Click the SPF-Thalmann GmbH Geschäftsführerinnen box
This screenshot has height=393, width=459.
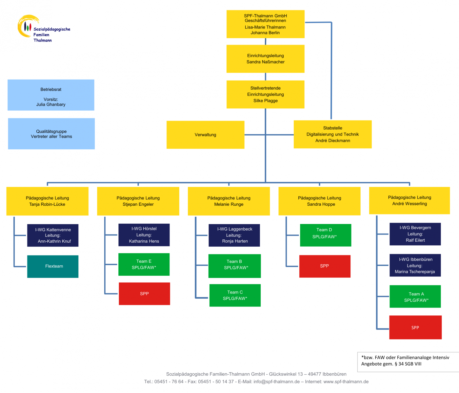[265, 24]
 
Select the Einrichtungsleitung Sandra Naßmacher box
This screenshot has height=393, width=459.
[265, 59]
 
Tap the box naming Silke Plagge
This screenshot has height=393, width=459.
[265, 94]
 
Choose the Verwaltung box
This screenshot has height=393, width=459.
[205, 135]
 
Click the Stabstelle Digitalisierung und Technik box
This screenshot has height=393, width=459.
[332, 134]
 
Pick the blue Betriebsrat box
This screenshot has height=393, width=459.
[51, 95]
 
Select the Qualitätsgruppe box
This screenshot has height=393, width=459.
[51, 134]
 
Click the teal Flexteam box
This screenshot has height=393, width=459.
[53, 266]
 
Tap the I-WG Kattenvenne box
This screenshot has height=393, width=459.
[53, 235]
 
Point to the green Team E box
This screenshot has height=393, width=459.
[144, 264]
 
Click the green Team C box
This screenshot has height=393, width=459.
[235, 295]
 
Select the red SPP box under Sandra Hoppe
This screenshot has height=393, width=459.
[325, 266]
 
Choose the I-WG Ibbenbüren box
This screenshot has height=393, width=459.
[415, 265]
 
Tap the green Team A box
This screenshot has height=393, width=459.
[415, 296]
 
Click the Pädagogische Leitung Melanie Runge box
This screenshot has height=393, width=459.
[229, 201]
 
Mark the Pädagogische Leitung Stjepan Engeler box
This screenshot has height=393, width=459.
[138, 201]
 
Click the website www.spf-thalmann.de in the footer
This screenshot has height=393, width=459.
[346, 382]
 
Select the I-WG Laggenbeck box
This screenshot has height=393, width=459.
[234, 235]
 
